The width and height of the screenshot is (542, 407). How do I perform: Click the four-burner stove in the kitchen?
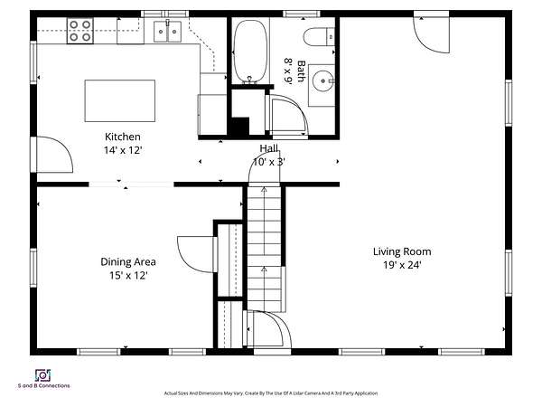[80, 31]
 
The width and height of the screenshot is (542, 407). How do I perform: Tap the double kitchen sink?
[168, 32]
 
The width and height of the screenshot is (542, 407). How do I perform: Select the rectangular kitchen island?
[120, 100]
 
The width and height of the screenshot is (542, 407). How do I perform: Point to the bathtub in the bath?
[250, 52]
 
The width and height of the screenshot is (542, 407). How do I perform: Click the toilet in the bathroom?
[319, 37]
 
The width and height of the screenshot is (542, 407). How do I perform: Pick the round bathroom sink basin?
[322, 81]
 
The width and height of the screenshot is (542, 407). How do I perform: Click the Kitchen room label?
[123, 137]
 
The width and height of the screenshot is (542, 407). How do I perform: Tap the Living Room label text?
[402, 251]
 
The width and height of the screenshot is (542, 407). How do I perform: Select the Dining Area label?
[128, 262]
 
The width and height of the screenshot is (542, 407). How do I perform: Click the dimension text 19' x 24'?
[402, 265]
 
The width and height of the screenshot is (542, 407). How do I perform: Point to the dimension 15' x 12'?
[128, 276]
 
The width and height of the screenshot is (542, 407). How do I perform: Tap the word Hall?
[268, 148]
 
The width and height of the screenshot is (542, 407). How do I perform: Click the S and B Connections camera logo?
[42, 375]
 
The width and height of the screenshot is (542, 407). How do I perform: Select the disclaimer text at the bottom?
[271, 393]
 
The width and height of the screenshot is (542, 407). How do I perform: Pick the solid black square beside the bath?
[240, 127]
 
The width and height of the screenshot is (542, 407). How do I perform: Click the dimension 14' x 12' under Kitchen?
[123, 150]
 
